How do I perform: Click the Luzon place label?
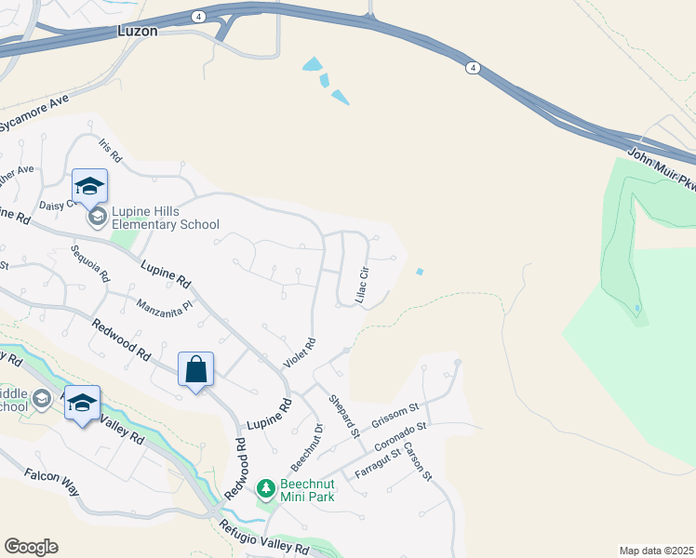pyautogui.click(x=138, y=31)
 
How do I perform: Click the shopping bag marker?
pyautogui.click(x=196, y=370)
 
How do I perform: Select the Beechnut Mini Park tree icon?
pyautogui.click(x=266, y=488)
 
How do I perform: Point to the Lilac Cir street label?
pyautogui.click(x=364, y=285)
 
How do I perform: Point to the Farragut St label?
pyautogui.click(x=377, y=460)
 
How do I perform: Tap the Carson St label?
pyautogui.click(x=420, y=462)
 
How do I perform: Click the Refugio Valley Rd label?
pyautogui.click(x=263, y=538)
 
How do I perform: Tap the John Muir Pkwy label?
pyautogui.click(x=663, y=169)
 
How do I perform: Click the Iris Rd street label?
pyautogui.click(x=111, y=152)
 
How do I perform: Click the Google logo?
pyautogui.click(x=31, y=546)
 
